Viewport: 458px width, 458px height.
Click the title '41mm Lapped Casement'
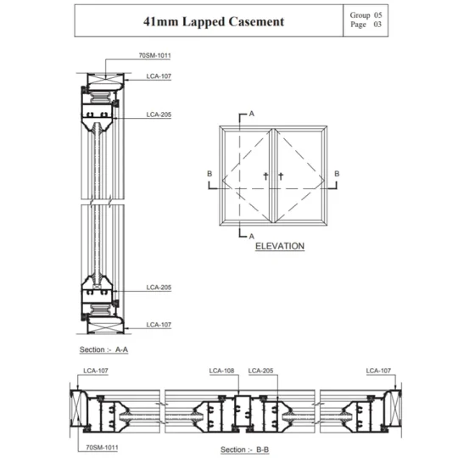point(214,21)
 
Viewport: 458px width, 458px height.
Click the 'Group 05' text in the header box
point(366,15)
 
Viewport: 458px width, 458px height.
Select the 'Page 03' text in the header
point(366,25)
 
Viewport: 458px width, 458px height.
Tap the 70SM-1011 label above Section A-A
point(154,55)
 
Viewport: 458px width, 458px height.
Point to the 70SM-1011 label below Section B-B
point(102,447)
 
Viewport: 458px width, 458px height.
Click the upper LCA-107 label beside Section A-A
point(159,76)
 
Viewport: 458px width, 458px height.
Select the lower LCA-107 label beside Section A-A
point(159,325)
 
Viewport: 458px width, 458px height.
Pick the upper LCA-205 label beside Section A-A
point(159,114)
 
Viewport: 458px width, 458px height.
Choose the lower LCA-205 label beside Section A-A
point(159,288)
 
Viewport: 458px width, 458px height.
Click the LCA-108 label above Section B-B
point(221,371)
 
